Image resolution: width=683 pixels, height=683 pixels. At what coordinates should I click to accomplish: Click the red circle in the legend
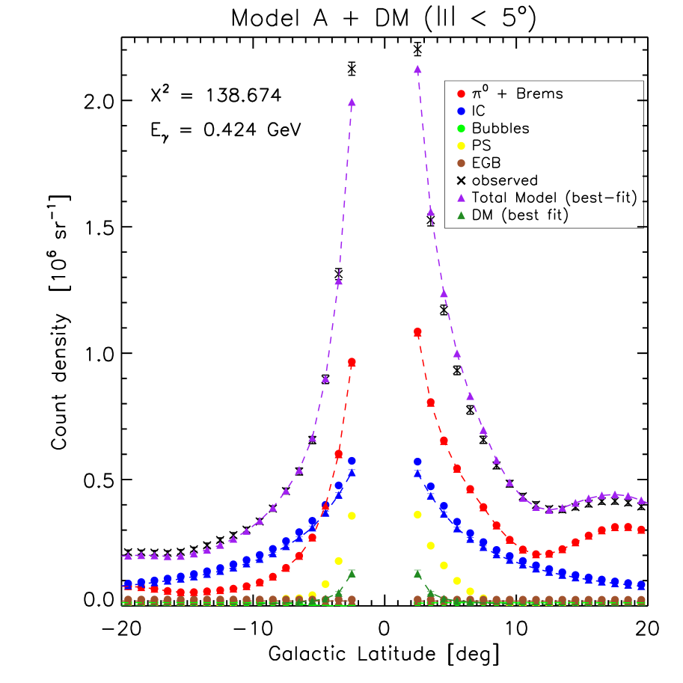pos(461,94)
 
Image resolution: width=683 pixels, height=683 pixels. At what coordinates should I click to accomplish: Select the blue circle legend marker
pos(461,111)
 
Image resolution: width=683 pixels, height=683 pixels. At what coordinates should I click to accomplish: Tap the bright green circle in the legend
pos(461,129)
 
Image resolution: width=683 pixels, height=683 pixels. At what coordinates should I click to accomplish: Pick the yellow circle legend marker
pos(461,146)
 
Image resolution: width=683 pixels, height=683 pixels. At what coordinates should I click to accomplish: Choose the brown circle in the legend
pos(461,163)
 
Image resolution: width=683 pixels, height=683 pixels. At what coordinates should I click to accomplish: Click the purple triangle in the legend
pos(461,198)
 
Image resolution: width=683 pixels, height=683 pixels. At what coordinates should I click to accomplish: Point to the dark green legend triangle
pos(461,215)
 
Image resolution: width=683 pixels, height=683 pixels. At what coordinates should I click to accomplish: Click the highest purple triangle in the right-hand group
pos(417,70)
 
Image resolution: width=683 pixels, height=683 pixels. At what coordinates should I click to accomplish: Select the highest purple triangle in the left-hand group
pos(352,102)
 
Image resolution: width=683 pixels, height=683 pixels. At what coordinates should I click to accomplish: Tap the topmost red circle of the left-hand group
pos(352,362)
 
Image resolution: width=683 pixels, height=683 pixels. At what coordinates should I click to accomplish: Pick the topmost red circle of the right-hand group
pos(417,331)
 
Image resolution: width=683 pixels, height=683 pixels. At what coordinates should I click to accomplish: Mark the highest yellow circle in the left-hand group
pos(352,515)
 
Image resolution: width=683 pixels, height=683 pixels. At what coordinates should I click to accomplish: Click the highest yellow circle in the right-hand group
pos(417,515)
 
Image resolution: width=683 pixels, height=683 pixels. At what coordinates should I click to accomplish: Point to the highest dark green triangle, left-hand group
pos(352,574)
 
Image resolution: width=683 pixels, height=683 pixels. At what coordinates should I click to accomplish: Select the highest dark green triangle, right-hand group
pos(417,574)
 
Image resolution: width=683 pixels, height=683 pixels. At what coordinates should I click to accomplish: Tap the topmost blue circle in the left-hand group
pos(352,461)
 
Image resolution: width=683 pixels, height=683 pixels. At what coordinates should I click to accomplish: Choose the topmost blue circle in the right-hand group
pos(417,462)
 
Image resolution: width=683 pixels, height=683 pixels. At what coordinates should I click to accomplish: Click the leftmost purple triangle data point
pos(128,556)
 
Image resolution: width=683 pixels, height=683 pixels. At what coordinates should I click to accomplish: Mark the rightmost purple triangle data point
pos(641,500)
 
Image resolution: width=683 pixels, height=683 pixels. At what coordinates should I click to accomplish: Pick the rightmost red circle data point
pos(641,530)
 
